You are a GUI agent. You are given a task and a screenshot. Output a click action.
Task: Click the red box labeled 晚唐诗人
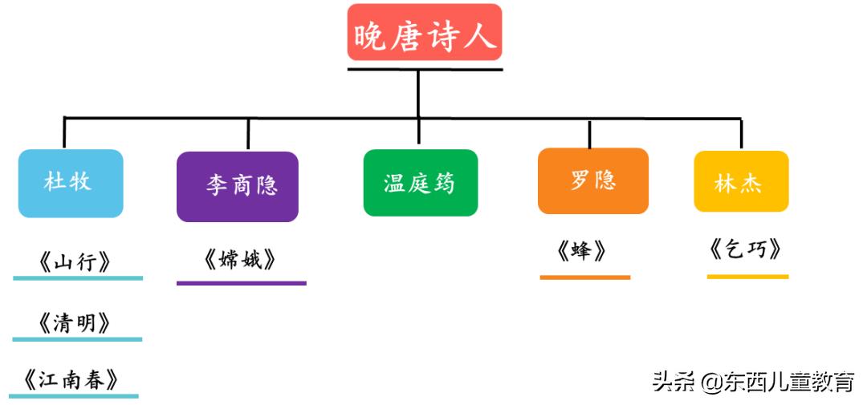(425, 33)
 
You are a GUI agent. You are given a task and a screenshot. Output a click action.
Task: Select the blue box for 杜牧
(71, 183)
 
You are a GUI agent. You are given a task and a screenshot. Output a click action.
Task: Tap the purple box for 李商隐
(238, 186)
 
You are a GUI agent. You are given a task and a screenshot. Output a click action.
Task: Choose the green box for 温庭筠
(420, 183)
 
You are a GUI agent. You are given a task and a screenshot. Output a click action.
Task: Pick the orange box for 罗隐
(593, 180)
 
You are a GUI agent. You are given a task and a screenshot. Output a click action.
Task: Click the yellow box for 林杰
(741, 182)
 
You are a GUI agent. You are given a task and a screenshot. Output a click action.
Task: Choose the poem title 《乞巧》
(746, 249)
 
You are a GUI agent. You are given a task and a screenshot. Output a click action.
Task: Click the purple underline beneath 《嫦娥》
(241, 282)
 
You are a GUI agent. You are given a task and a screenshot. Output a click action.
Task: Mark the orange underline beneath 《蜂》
(584, 277)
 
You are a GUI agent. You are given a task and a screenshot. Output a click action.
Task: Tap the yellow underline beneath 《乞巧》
(747, 277)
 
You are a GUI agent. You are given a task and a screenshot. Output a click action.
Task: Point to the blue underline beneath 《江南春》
(74, 395)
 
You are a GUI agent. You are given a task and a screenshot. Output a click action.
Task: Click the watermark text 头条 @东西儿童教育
(752, 382)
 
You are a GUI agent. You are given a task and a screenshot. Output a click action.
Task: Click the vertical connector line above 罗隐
(590, 134)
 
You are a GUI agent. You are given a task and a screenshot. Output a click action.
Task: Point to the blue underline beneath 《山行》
(78, 278)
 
